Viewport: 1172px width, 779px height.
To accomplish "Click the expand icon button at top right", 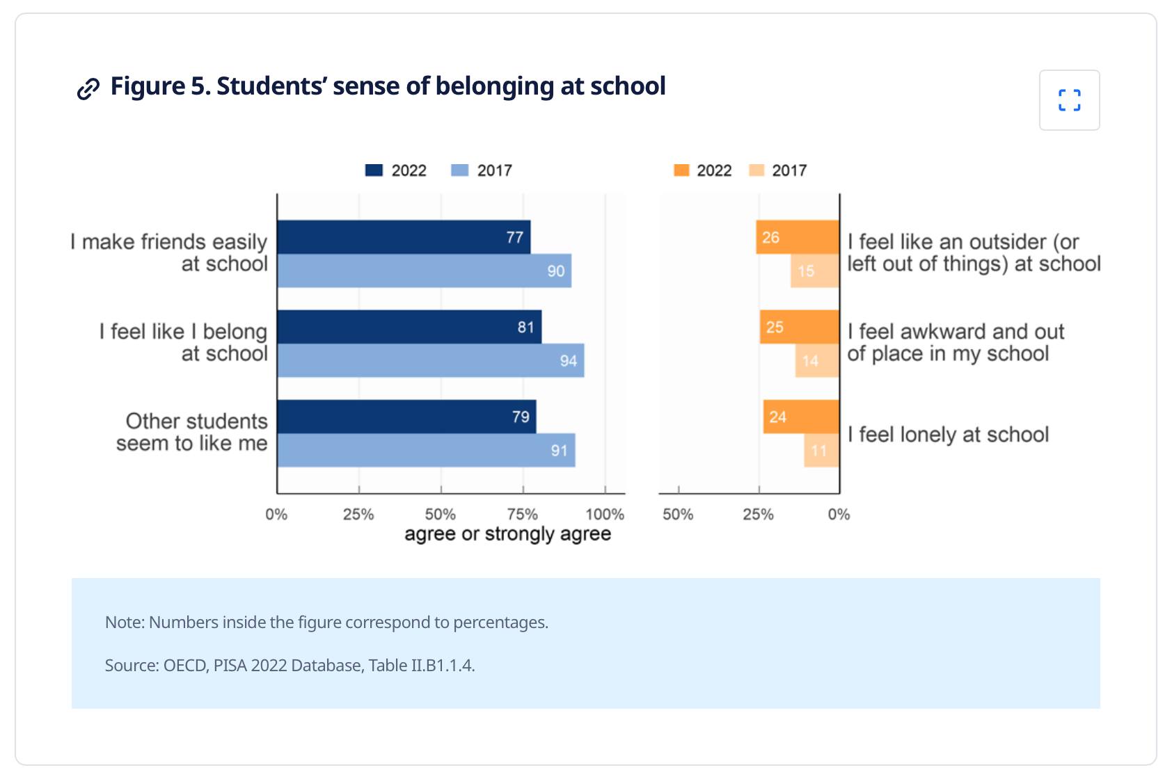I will (1069, 100).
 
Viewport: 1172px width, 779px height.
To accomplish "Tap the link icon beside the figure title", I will (88, 88).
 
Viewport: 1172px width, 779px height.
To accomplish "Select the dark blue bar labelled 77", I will (404, 237).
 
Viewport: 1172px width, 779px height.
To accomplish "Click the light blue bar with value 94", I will (430, 360).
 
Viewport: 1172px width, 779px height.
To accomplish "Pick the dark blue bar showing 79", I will (406, 417).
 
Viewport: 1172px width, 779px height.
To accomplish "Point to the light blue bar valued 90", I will (424, 271).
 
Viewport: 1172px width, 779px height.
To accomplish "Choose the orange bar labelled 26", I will (798, 237).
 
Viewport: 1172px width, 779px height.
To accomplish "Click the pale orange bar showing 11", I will (821, 451).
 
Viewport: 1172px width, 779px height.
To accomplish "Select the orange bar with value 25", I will (799, 327).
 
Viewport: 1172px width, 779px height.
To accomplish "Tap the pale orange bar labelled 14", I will (817, 360).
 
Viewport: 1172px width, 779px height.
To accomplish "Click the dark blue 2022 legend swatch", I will (374, 170).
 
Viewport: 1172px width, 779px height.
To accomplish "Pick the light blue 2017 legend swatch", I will (460, 170).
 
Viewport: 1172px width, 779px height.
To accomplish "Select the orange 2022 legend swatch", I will (681, 170).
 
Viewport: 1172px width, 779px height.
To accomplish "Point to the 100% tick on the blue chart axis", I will (605, 514).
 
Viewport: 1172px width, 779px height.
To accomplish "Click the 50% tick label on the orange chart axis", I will (678, 514).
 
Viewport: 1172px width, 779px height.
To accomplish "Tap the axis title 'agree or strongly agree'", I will (507, 533).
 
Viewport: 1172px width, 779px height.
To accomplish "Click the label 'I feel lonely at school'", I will (948, 435).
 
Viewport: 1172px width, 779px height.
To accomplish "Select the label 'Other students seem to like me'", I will (191, 432).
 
